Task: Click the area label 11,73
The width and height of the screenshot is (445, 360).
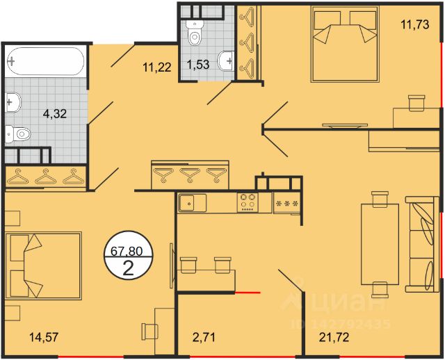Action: [x=414, y=25]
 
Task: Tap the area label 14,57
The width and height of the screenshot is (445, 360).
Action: [x=44, y=337]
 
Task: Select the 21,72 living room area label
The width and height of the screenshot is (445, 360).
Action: [x=334, y=337]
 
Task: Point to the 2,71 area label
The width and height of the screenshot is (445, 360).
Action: [x=204, y=337]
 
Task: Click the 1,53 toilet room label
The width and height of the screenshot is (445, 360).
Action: [x=198, y=65]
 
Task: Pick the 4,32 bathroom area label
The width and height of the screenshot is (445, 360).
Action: [x=55, y=114]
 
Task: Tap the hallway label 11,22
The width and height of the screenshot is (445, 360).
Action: [x=157, y=67]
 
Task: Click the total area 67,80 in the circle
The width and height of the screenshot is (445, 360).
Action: [x=127, y=251]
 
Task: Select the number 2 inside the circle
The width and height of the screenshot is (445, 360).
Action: [x=128, y=268]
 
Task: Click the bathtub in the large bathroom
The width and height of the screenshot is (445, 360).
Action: [x=45, y=61]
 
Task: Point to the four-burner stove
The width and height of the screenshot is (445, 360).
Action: [x=248, y=202]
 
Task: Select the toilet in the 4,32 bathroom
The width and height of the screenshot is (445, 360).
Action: [x=18, y=133]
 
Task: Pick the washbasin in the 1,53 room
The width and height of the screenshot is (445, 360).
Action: [x=226, y=60]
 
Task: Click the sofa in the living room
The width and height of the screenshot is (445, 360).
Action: [x=422, y=244]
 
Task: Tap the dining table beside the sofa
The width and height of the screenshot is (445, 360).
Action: [x=380, y=244]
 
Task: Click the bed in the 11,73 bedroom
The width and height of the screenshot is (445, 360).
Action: [x=345, y=44]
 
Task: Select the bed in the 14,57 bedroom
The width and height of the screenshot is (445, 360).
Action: [x=43, y=265]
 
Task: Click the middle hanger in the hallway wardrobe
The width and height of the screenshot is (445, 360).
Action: [x=190, y=174]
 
